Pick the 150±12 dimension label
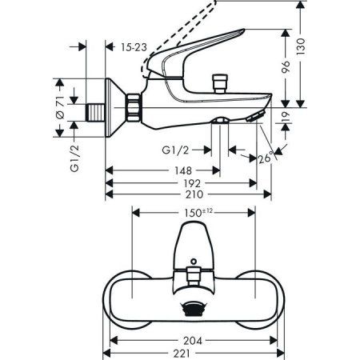click(x=194, y=214)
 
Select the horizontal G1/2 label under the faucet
click(x=174, y=148)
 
